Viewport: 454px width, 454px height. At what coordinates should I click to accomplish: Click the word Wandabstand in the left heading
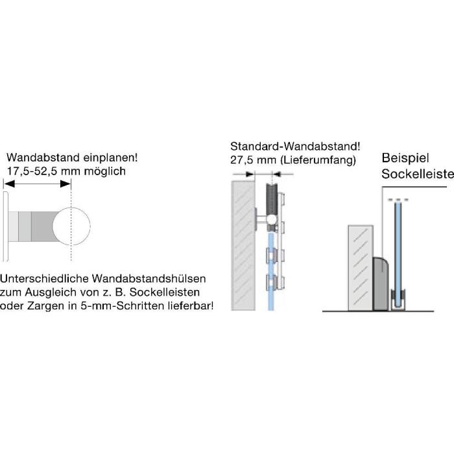(x=43, y=158)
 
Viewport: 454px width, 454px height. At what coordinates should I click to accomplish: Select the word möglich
(x=105, y=171)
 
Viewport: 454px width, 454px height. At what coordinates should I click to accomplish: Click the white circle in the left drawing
(x=71, y=226)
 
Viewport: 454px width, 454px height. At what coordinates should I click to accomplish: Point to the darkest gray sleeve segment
(x=43, y=226)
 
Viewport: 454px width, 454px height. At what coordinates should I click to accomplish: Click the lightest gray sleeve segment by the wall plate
(x=14, y=226)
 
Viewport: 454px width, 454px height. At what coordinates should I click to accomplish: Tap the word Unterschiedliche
(x=44, y=279)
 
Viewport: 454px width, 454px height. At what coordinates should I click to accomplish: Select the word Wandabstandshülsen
(x=149, y=279)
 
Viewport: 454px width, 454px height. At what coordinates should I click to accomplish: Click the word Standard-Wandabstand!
(x=295, y=147)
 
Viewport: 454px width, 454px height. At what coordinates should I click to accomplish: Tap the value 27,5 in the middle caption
(x=241, y=160)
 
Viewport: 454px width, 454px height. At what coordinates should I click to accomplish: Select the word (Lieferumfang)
(x=318, y=160)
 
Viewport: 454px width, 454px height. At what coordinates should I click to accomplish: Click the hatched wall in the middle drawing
(x=243, y=246)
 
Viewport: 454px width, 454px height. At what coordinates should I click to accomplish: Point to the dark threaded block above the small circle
(x=272, y=199)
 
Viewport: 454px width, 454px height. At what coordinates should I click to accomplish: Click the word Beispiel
(x=405, y=158)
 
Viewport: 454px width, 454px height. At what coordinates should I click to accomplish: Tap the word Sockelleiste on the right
(x=418, y=174)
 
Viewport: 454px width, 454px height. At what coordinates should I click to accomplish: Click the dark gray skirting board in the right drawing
(x=381, y=284)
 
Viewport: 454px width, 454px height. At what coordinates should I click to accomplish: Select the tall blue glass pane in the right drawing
(x=398, y=254)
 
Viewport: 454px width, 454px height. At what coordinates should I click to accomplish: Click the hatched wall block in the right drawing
(x=361, y=268)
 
